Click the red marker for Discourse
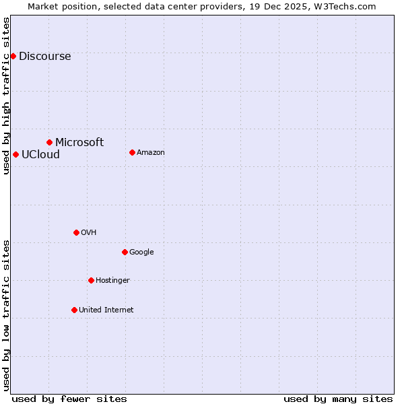pyautogui.click(x=13, y=56)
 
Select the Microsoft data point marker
pyautogui.click(x=49, y=142)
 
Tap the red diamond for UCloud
pyautogui.click(x=15, y=154)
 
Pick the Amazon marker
pyautogui.click(x=132, y=152)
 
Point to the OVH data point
pyautogui.click(x=76, y=232)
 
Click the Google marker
pyautogui.click(x=125, y=252)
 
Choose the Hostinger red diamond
pyautogui.click(x=91, y=280)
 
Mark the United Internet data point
pyautogui.click(x=74, y=310)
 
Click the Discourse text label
pyautogui.click(x=44, y=57)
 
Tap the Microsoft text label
pyautogui.click(x=79, y=142)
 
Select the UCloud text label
pyautogui.click(x=40, y=154)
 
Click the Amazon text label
pyautogui.click(x=151, y=153)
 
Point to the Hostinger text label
pyautogui.click(x=112, y=280)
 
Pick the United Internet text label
pyautogui.click(x=106, y=310)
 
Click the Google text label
pyautogui.click(x=141, y=252)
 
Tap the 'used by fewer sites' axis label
pyautogui.click(x=69, y=399)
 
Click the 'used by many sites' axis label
pyautogui.click(x=338, y=399)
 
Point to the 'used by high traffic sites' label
pyautogui.click(x=6, y=96)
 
